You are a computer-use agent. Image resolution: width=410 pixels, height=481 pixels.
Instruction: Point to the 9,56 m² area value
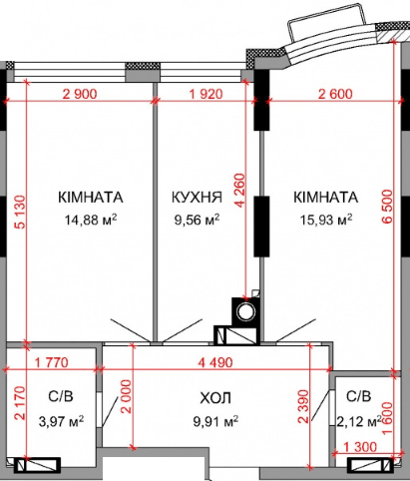click(197, 220)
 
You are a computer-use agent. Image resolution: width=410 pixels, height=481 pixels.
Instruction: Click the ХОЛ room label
click(215, 398)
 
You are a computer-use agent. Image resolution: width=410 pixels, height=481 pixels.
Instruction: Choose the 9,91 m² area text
click(215, 420)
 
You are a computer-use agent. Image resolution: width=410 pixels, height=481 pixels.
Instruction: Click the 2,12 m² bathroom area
click(359, 420)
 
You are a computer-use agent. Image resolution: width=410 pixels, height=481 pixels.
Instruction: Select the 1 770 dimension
click(50, 362)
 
